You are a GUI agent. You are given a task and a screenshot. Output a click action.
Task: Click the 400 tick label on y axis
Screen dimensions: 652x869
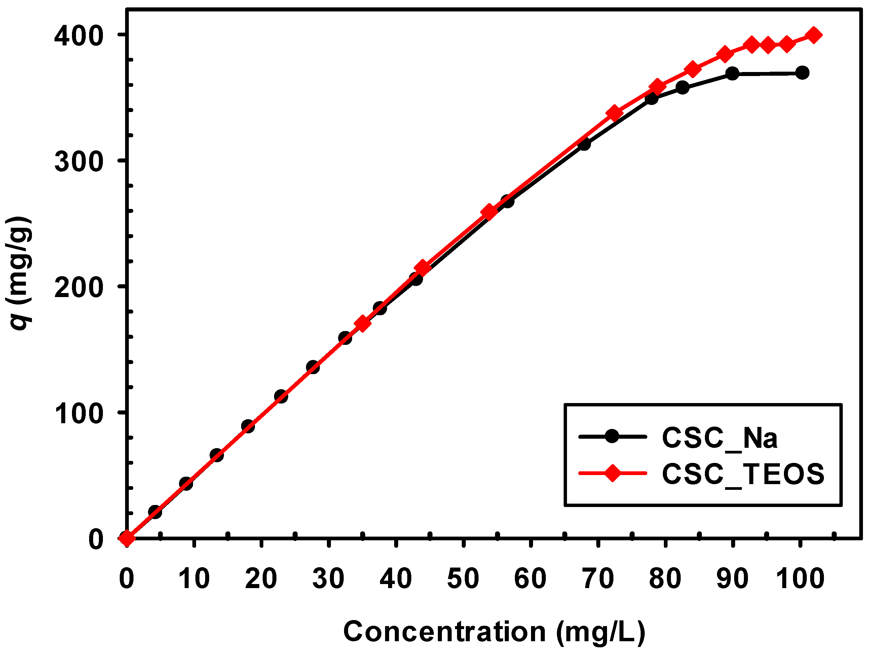click(79, 36)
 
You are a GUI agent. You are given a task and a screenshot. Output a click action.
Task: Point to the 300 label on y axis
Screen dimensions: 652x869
click(79, 161)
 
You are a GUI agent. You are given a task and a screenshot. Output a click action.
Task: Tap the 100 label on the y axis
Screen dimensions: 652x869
click(79, 413)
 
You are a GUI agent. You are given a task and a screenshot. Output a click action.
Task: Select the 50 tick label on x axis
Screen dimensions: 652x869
click(463, 579)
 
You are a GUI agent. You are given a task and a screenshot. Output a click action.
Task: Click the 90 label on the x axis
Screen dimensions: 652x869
click(732, 579)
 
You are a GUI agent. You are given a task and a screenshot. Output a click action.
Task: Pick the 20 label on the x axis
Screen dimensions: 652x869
click(261, 579)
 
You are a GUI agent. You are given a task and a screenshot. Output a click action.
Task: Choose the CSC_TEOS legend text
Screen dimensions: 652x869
click(743, 474)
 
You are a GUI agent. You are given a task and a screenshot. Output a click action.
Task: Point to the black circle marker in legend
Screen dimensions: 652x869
click(612, 436)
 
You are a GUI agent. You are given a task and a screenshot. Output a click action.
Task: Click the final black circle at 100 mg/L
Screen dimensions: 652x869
click(802, 73)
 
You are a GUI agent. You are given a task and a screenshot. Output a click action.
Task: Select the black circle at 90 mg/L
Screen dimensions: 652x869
click(732, 73)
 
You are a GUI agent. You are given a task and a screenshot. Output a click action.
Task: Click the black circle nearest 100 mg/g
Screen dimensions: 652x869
click(248, 426)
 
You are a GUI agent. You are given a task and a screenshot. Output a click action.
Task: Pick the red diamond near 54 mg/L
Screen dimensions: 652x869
click(489, 212)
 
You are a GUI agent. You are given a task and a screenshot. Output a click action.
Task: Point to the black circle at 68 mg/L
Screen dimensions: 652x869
click(584, 144)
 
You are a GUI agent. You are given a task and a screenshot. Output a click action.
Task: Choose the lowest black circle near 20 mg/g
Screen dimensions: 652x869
click(155, 512)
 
